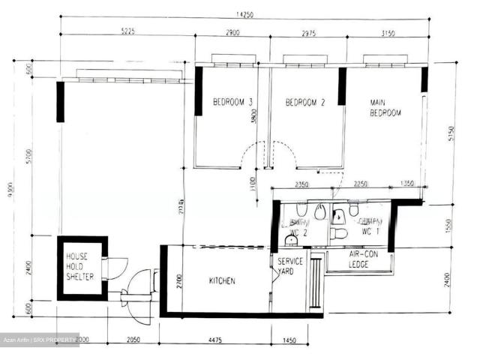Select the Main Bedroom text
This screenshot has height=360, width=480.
385,106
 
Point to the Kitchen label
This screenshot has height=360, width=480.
221,281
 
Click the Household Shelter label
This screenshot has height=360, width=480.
78,266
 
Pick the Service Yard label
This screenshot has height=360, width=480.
290,265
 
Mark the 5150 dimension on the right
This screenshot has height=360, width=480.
451,133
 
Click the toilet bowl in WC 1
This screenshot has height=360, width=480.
340,233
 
